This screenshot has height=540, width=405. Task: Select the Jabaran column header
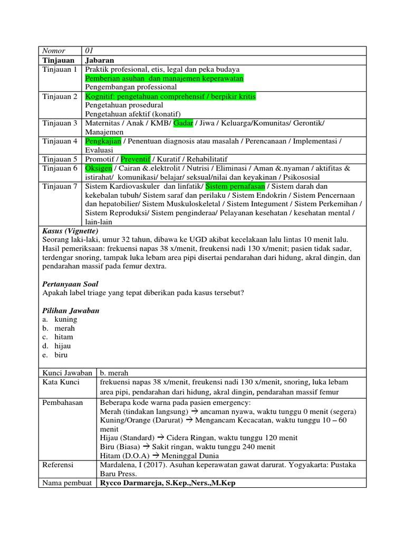100,60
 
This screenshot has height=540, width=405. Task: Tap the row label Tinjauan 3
60,123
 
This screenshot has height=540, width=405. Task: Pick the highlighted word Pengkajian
103,141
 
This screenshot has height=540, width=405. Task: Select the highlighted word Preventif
136,159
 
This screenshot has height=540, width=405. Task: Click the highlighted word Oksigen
99,168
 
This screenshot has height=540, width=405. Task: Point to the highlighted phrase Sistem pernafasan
235,186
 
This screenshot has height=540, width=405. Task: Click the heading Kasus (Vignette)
70,231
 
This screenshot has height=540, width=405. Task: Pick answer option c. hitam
58,337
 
